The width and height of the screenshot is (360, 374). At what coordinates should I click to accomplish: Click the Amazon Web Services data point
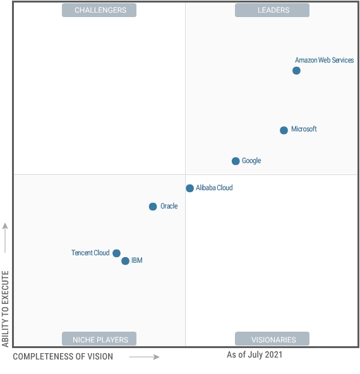[296, 70]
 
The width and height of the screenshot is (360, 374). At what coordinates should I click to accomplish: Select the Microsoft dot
[284, 130]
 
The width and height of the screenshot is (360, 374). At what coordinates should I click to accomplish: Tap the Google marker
[236, 161]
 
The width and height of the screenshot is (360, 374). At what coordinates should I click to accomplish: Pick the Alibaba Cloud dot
[189, 188]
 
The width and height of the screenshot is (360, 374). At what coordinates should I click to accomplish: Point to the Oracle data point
[153, 207]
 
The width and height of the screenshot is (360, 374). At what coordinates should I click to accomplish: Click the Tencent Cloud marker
[116, 253]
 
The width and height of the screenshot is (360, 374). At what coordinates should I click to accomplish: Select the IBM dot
[125, 261]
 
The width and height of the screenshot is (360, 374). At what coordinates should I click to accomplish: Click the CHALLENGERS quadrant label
[100, 10]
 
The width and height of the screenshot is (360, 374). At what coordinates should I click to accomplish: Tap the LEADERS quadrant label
[273, 10]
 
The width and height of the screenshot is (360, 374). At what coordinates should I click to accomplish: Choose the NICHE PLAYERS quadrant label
[99, 339]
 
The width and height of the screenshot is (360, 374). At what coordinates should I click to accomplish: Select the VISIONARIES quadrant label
[273, 339]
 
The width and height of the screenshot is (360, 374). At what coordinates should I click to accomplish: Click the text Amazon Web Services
[324, 61]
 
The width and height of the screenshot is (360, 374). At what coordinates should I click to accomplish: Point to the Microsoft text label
[304, 130]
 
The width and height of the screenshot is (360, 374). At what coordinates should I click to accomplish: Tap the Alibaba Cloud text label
[214, 188]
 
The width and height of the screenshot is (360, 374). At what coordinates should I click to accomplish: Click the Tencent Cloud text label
[90, 253]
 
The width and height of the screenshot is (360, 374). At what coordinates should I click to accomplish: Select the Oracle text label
[169, 207]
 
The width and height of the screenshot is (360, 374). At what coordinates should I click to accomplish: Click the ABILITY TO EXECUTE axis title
[6, 309]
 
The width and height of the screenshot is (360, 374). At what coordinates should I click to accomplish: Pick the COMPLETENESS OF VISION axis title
[63, 357]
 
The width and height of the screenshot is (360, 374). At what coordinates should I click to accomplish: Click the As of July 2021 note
[255, 355]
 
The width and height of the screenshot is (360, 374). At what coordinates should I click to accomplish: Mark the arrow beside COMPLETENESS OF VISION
[145, 357]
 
